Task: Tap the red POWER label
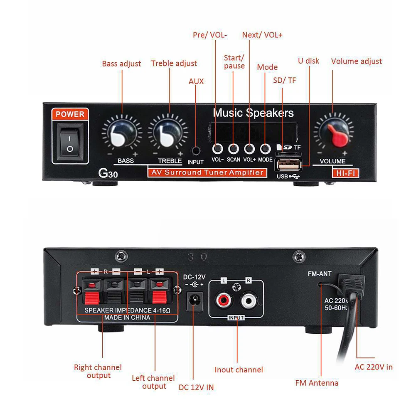point(70,114)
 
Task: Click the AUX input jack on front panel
point(196,151)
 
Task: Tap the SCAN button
point(233,149)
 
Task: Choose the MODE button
point(265,149)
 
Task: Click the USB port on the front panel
point(288,165)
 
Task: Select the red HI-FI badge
point(345,173)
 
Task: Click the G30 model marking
point(108,173)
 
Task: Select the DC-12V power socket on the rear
point(195,301)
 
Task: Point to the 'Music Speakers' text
point(254,113)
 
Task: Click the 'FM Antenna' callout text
point(317,383)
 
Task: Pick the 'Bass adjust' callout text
point(121,64)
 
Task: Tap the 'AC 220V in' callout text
point(374,367)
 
